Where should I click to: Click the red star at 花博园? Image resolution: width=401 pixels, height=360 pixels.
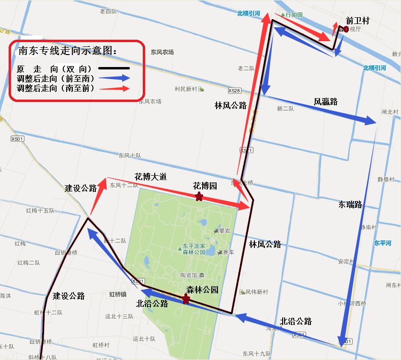coord(198,197)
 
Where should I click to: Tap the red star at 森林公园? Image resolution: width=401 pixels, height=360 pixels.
coord(185,300)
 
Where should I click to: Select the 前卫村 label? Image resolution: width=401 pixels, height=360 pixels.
coord(357,21)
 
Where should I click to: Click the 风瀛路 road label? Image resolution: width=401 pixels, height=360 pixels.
coord(326,101)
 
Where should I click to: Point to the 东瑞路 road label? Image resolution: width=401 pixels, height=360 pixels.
coord(350,204)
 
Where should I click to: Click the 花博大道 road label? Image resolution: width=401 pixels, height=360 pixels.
coord(150,177)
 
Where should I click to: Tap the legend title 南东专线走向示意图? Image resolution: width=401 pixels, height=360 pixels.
coord(67,51)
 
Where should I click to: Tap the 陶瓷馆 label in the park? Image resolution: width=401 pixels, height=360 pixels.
coord(189,275)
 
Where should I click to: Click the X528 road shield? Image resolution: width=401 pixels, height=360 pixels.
coord(234,90)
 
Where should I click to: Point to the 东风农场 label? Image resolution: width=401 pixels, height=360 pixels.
coord(162,52)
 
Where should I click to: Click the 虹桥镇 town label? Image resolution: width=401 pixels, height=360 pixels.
coord(117,294)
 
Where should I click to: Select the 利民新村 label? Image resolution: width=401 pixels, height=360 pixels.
coord(186,89)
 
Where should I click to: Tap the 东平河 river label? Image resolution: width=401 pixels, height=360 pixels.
coord(383,243)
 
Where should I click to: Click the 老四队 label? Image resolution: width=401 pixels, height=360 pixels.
coord(108,11)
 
